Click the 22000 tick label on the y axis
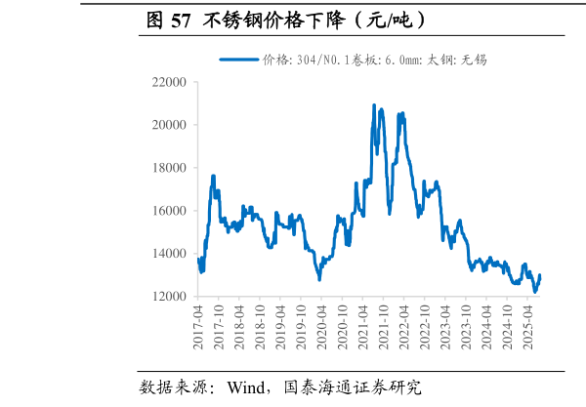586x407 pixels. click(x=167, y=83)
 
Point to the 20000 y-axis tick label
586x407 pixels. click(x=167, y=126)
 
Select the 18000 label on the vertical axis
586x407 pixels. click(x=167, y=168)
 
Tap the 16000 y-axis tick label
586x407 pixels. click(x=167, y=211)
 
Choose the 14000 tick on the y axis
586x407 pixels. click(x=167, y=254)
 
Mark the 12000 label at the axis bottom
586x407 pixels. click(x=167, y=297)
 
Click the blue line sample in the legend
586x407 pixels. click(x=238, y=60)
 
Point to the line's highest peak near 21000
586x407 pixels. click(x=374, y=105)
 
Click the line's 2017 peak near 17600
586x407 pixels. click(x=213, y=177)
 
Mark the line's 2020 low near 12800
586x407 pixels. click(x=319, y=279)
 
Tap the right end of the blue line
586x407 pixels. click(x=540, y=275)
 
